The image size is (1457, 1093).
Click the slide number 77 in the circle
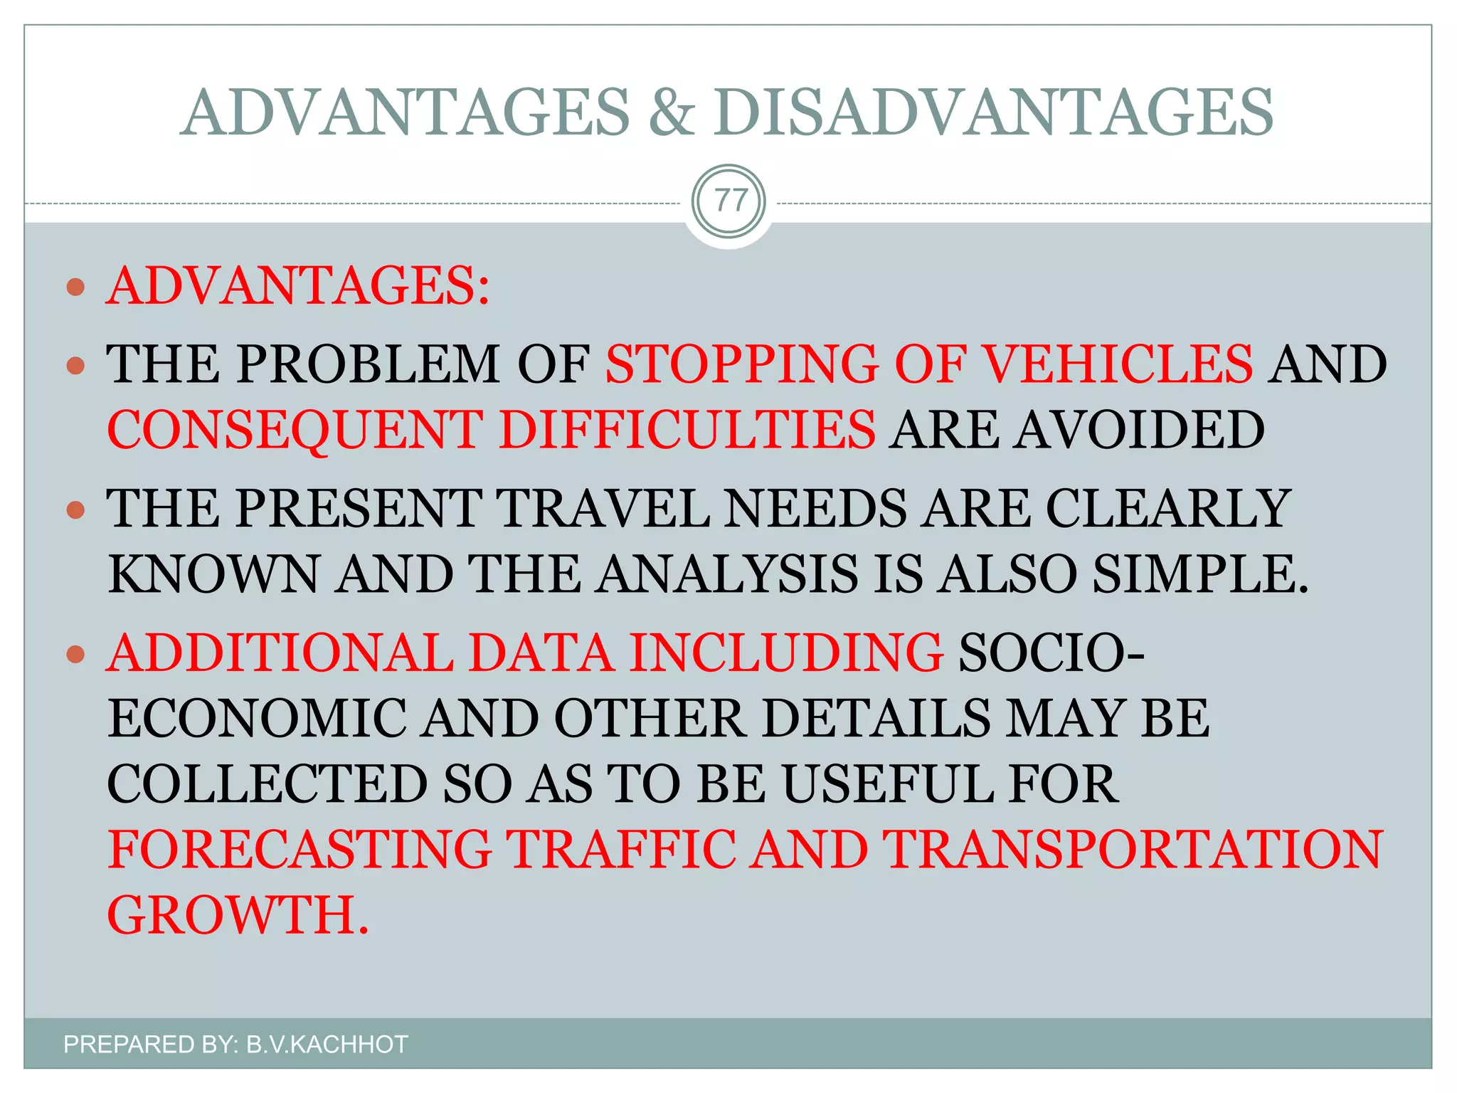pos(728,201)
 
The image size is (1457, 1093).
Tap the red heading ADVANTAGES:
pos(298,286)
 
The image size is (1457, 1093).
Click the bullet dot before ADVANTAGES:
pos(75,287)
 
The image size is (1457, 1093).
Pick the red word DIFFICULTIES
pos(687,430)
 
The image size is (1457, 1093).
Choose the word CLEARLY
pos(1167,508)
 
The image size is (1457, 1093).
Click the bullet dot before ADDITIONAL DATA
pos(75,654)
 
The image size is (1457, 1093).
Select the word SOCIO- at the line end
pos(1051,653)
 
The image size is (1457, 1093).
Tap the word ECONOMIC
pos(257,718)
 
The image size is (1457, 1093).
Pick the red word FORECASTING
pos(300,849)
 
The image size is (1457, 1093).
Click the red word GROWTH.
pos(238,915)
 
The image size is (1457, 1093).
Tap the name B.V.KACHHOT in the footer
pos(327,1044)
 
